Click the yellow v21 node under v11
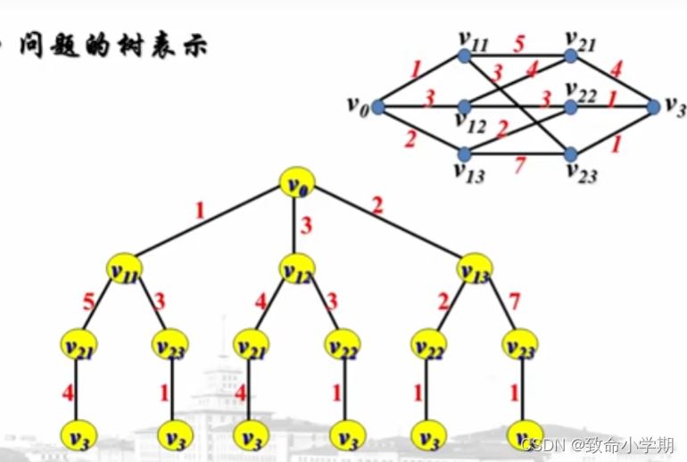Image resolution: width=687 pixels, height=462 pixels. (x=79, y=343)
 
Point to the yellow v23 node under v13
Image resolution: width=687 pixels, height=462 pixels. (x=520, y=343)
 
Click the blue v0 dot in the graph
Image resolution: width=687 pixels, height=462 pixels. (x=377, y=107)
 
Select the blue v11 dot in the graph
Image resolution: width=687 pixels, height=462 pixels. (x=464, y=55)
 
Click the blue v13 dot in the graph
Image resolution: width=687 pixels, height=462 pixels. (x=464, y=153)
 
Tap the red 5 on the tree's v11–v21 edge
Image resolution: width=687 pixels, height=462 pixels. (x=87, y=301)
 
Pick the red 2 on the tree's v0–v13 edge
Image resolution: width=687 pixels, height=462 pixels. (x=378, y=207)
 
